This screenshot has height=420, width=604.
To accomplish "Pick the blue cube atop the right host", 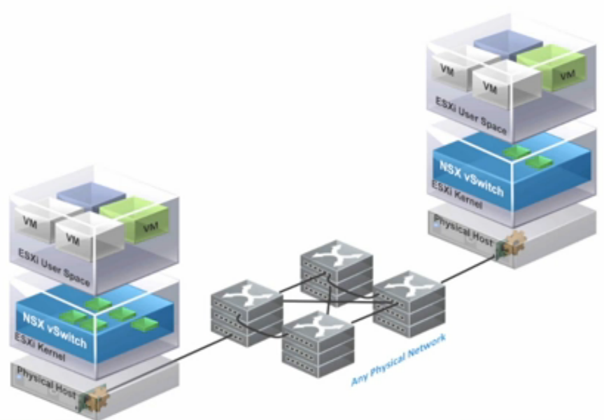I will (507, 43).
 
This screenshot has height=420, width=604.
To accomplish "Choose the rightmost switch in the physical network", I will (409, 298).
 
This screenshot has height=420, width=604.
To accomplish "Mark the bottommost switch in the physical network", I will (318, 343).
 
